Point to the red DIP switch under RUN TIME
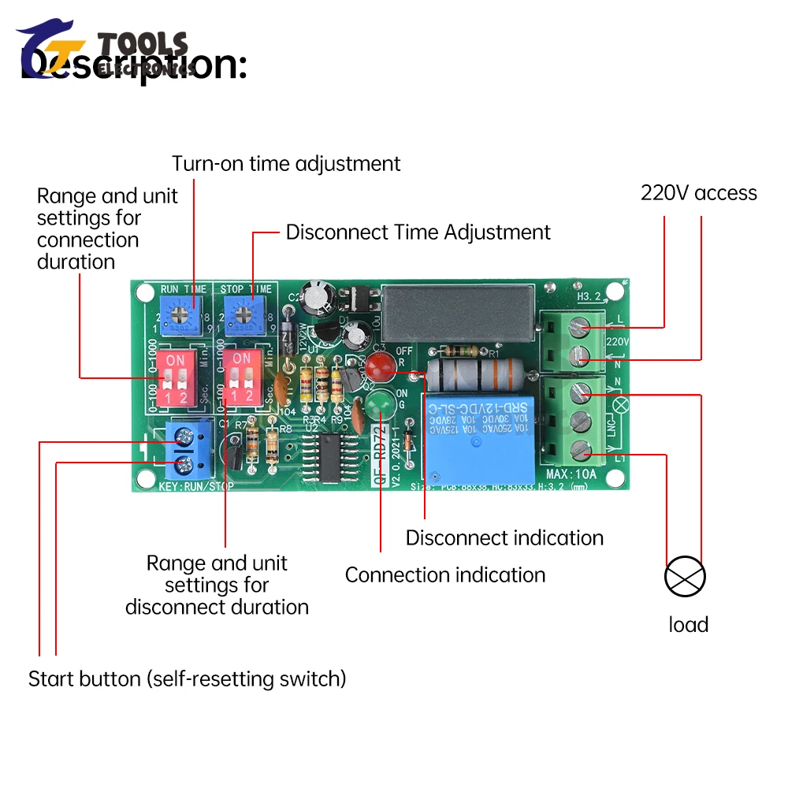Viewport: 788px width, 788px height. coord(176,378)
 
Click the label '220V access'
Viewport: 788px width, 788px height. coord(698,193)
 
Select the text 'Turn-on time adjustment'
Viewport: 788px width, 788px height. coord(286,164)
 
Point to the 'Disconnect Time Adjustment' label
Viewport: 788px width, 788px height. coord(418,232)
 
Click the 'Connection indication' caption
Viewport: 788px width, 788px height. coord(445,575)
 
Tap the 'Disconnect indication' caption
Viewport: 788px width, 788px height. coord(504,538)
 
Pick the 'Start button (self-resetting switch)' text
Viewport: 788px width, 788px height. coord(188,678)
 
